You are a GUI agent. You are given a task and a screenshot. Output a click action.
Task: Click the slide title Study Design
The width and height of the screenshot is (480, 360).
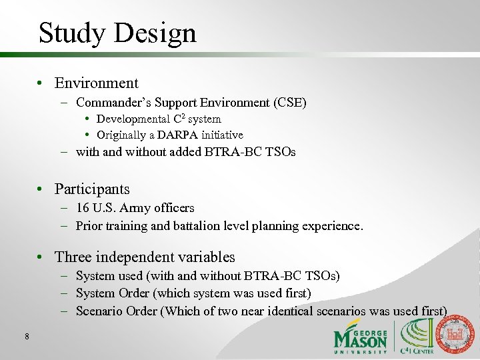pyautogui.click(x=117, y=33)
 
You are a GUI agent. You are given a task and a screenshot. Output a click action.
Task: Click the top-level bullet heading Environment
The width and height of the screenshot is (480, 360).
pyautogui.click(x=96, y=83)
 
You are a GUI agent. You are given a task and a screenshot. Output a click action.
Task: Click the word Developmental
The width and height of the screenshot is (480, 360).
pyautogui.click(x=133, y=119)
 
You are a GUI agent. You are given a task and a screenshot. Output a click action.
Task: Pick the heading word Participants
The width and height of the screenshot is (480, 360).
pyautogui.click(x=92, y=189)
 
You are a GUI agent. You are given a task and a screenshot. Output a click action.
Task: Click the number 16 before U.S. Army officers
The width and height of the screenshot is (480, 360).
pyautogui.click(x=83, y=208)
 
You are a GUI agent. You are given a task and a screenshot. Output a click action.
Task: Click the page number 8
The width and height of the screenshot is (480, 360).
pyautogui.click(x=26, y=337)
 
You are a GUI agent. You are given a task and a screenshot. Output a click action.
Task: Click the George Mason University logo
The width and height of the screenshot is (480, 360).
pyautogui.click(x=360, y=337)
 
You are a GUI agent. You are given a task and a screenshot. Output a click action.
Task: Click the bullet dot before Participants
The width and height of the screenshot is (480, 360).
pyautogui.click(x=41, y=190)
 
